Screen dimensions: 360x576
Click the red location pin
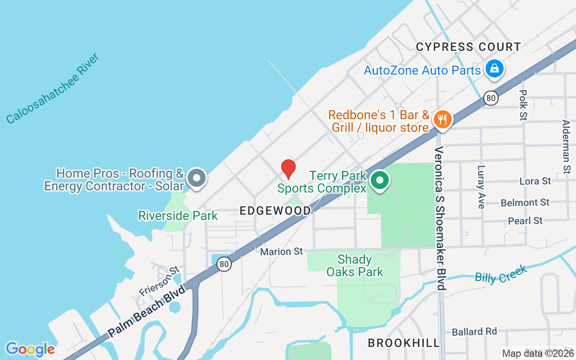coord(288,169)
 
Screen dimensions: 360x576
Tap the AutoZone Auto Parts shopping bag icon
coord(494,69)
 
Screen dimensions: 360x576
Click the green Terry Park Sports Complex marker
coord(380,181)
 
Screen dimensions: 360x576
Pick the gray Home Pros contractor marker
coord(196,178)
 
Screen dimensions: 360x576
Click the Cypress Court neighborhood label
coord(468,47)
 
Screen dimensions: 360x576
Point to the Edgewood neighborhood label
coord(275,211)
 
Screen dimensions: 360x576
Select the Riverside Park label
coord(178,216)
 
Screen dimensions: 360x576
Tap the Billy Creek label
coord(500,274)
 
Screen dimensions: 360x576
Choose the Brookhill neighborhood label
coord(404,343)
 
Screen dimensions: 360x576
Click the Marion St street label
coord(282,252)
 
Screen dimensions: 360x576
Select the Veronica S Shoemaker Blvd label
coord(440,218)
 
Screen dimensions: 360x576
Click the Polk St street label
coord(523,104)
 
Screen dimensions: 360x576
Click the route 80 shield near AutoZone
coord(490,98)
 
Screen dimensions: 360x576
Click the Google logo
coord(30,349)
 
